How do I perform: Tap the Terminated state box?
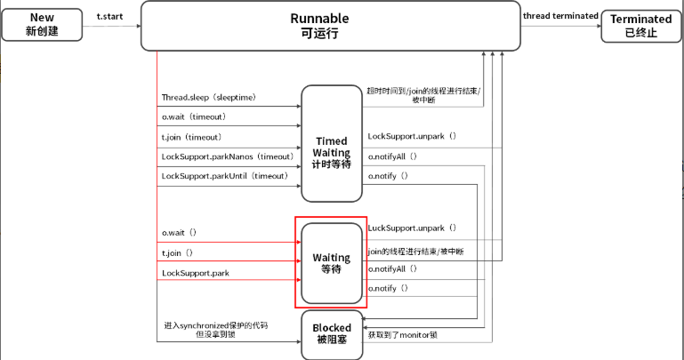641,25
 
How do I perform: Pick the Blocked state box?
332,334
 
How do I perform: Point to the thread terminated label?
560,16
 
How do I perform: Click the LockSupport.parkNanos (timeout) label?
228,156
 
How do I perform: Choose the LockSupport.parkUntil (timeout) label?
226,176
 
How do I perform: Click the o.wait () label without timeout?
181,233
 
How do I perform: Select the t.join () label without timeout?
179,253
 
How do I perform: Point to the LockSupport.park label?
195,273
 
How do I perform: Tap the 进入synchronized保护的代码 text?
215,326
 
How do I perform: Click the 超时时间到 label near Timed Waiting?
423,91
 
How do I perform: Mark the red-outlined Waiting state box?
330,263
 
